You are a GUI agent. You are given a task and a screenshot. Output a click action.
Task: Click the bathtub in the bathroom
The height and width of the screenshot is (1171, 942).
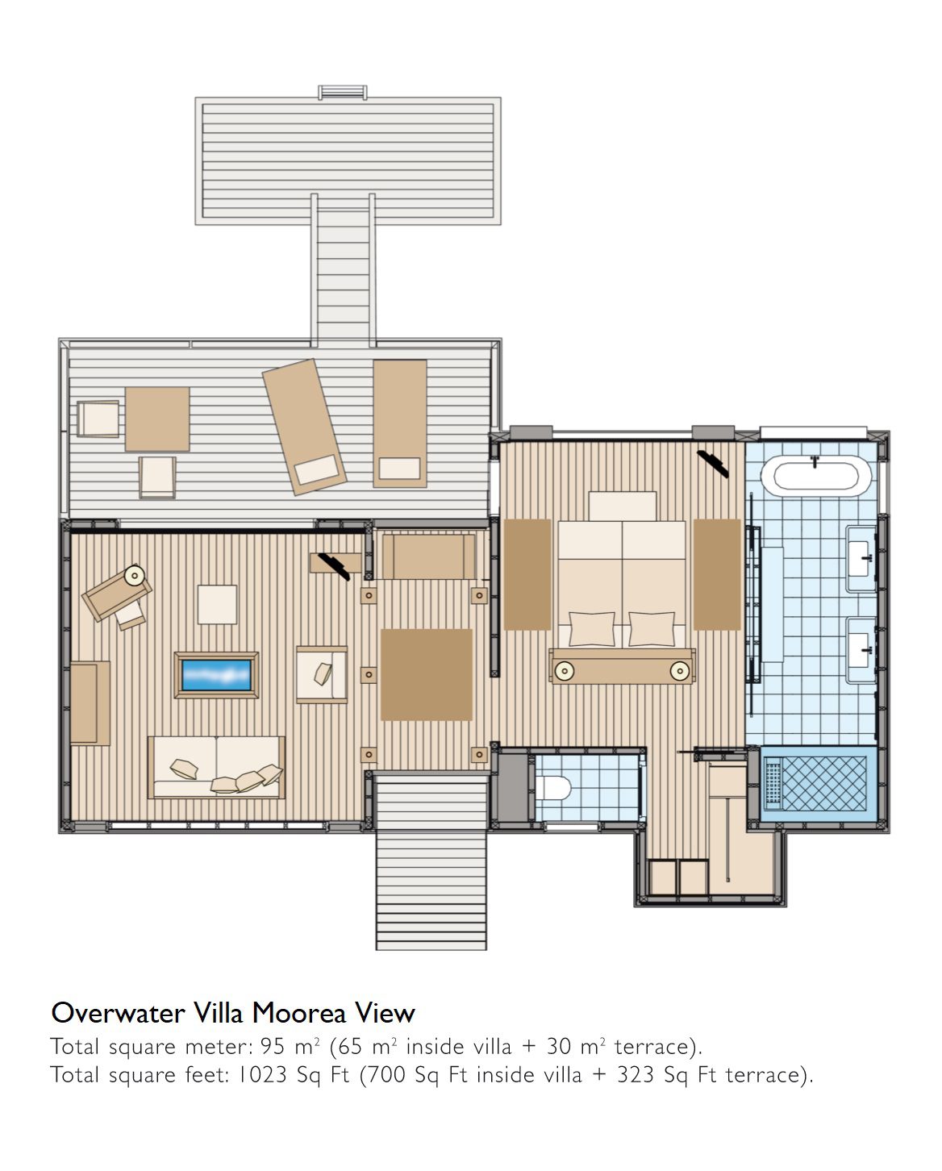click(x=815, y=476)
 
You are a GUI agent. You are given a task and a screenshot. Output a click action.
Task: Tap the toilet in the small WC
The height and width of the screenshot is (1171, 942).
click(x=553, y=788)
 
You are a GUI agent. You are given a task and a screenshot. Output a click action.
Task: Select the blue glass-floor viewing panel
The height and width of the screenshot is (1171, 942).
click(x=216, y=675)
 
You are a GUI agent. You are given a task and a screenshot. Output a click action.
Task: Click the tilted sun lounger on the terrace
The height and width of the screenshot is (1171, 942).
click(x=304, y=427)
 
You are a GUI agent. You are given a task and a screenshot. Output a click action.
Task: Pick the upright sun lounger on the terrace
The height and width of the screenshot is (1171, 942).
click(x=399, y=423)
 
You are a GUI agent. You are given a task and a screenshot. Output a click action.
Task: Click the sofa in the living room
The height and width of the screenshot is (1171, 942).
click(x=216, y=767)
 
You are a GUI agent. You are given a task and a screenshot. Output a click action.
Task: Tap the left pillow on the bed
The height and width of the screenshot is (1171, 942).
click(x=591, y=628)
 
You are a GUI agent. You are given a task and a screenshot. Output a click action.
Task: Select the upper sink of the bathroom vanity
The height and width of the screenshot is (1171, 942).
click(x=861, y=558)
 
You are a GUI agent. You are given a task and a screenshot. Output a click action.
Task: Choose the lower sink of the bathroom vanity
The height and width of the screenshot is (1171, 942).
click(x=861, y=651)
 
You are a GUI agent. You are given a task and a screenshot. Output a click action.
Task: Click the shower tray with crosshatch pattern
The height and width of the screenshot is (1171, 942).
click(x=815, y=784)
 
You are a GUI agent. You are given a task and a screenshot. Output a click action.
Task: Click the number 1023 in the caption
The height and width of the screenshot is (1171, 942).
click(x=262, y=1075)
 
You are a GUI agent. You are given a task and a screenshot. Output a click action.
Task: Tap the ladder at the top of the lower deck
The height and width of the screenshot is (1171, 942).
click(x=342, y=92)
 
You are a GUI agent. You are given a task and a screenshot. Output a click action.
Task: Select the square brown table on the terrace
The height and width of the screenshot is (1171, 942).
click(x=157, y=419)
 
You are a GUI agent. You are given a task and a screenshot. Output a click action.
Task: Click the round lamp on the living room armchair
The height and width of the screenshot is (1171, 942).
click(x=135, y=575)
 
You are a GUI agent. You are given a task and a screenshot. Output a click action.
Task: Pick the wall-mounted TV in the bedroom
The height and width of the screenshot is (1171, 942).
click(x=713, y=464)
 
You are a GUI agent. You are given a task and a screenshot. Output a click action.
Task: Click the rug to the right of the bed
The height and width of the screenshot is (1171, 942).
click(x=717, y=575)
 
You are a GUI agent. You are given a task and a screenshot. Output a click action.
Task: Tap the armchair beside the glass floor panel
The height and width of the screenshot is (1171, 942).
click(x=322, y=675)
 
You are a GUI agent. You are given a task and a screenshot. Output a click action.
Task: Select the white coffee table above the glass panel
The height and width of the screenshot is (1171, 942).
click(x=217, y=605)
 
